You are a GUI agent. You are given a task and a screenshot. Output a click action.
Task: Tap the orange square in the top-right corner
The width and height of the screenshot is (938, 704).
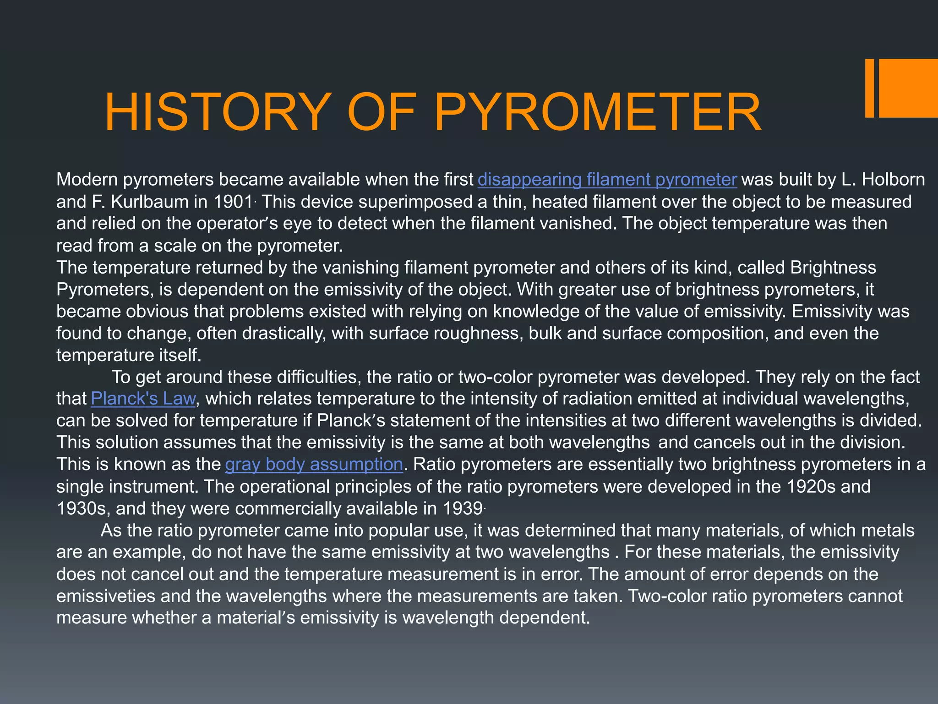(909, 88)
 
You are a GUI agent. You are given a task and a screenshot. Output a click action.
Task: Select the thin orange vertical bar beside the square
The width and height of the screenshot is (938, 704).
(869, 88)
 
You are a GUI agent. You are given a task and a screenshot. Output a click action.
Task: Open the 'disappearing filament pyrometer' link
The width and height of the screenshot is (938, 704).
(607, 180)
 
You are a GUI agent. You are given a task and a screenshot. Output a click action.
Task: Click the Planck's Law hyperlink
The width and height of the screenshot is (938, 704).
(143, 399)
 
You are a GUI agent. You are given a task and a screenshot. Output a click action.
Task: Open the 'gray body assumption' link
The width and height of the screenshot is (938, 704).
(314, 465)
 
